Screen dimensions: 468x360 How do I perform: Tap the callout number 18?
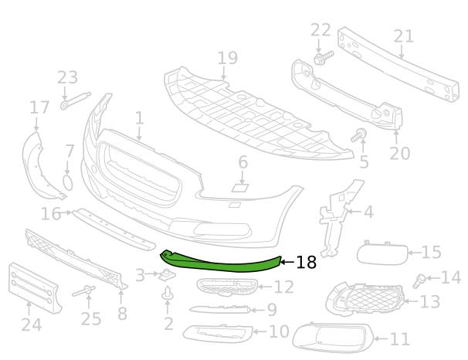[x=306, y=263]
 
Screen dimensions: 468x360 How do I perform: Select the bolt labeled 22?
[x=324, y=58]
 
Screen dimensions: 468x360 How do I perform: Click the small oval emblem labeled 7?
[x=68, y=182]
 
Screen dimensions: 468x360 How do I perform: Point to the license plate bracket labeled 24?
[x=33, y=288]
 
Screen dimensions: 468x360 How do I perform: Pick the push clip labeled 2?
[x=168, y=293]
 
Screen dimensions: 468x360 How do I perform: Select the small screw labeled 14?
[x=419, y=281]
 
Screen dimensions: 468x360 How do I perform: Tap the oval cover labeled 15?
[x=382, y=253]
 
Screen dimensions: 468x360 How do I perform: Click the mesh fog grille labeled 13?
[x=365, y=299]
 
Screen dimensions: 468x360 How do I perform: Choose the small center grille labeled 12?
[x=227, y=287]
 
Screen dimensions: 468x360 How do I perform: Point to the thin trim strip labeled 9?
[x=219, y=309]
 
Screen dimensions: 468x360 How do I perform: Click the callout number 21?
[x=404, y=36]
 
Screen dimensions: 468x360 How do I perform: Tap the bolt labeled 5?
[x=359, y=135]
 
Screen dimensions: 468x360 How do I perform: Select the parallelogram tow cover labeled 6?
[x=240, y=188]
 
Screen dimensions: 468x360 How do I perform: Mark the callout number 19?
[x=228, y=58]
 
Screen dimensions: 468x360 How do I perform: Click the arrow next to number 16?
[x=66, y=212]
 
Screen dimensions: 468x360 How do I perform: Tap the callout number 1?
[x=139, y=118]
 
